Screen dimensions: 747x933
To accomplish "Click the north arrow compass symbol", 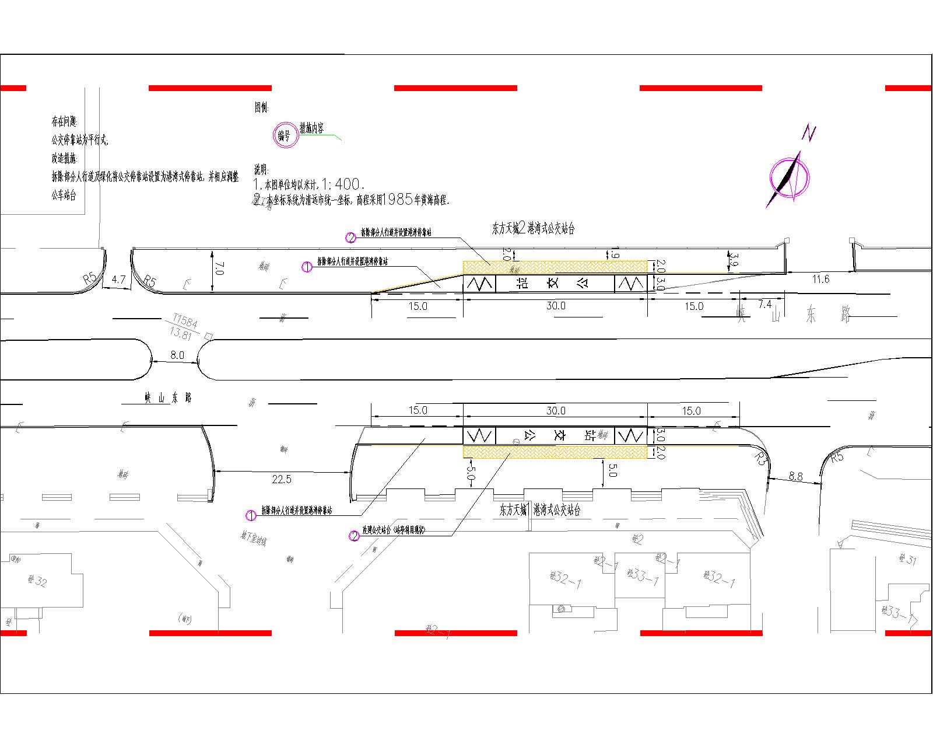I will pos(790,174).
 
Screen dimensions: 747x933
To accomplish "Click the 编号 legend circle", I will pos(284,136).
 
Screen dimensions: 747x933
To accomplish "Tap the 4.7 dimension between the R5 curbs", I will pos(118,280).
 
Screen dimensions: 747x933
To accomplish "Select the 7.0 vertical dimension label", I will pos(219,269).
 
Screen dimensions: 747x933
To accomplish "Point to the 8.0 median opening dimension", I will pos(177,355).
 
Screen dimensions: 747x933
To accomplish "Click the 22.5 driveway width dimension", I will pos(281,479).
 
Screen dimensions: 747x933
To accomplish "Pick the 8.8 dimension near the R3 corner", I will pos(795,476).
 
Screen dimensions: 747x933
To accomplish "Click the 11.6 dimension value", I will pos(820,280).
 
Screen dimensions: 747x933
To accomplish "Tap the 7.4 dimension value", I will pos(764,305).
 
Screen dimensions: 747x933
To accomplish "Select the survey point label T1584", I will pos(185,320).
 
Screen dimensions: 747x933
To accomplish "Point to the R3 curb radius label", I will pos(759,458).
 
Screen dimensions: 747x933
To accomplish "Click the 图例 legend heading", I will pos(261,107).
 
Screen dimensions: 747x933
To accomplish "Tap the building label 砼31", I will pos(907,560).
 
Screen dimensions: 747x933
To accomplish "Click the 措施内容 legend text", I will pos(312,128).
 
